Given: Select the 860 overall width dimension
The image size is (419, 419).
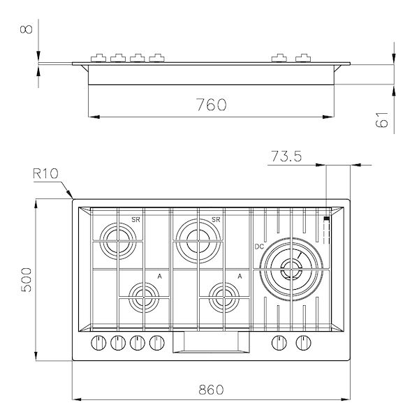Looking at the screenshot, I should click(210, 389).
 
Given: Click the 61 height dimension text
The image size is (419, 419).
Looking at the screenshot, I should click(382, 120).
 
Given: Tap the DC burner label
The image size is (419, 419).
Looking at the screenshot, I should click(259, 246).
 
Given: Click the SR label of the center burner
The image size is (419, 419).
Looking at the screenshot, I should click(216, 220).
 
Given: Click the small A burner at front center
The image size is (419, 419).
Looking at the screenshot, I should click(225, 297).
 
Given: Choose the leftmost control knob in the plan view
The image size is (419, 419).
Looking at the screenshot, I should click(96, 343).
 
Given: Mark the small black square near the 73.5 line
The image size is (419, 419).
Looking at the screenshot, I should click(326, 219).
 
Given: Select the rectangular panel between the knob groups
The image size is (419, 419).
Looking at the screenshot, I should click(211, 343).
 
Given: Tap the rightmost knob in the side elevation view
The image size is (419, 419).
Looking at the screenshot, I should click(302, 58).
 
